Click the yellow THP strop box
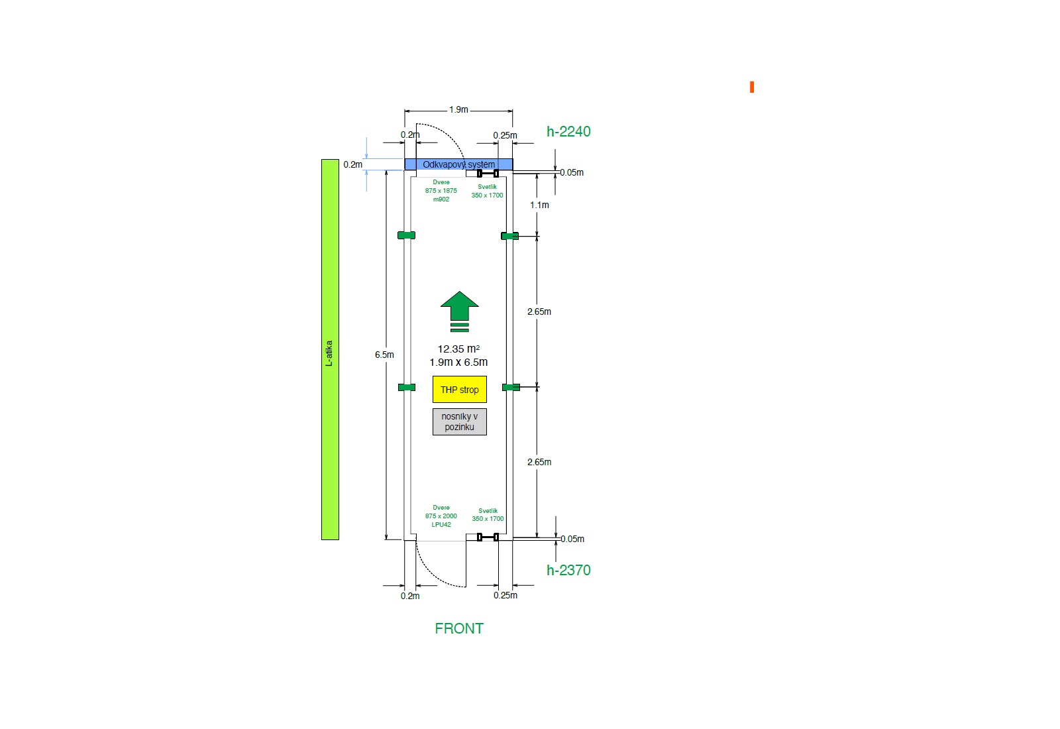pyautogui.click(x=460, y=390)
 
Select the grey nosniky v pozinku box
pyautogui.click(x=460, y=421)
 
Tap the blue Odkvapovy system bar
pyautogui.click(x=458, y=164)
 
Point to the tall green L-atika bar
pyautogui.click(x=331, y=349)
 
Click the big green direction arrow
pyautogui.click(x=460, y=311)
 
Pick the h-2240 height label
pyautogui.click(x=568, y=131)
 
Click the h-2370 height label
pyautogui.click(x=568, y=570)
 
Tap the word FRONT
pyautogui.click(x=459, y=628)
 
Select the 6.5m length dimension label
pyautogui.click(x=384, y=355)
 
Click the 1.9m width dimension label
pyautogui.click(x=458, y=109)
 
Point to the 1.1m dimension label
pyautogui.click(x=539, y=205)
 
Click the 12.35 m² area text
pyautogui.click(x=458, y=349)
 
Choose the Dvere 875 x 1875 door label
pyautogui.click(x=441, y=190)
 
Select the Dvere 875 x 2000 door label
pyautogui.click(x=441, y=516)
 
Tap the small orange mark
pyautogui.click(x=752, y=87)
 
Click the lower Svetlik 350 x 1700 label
pyautogui.click(x=488, y=514)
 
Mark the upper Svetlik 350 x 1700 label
pyautogui.click(x=487, y=191)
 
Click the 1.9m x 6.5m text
pyautogui.click(x=458, y=362)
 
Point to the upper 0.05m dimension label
pyautogui.click(x=572, y=172)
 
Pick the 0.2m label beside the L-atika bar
pyautogui.click(x=352, y=164)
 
